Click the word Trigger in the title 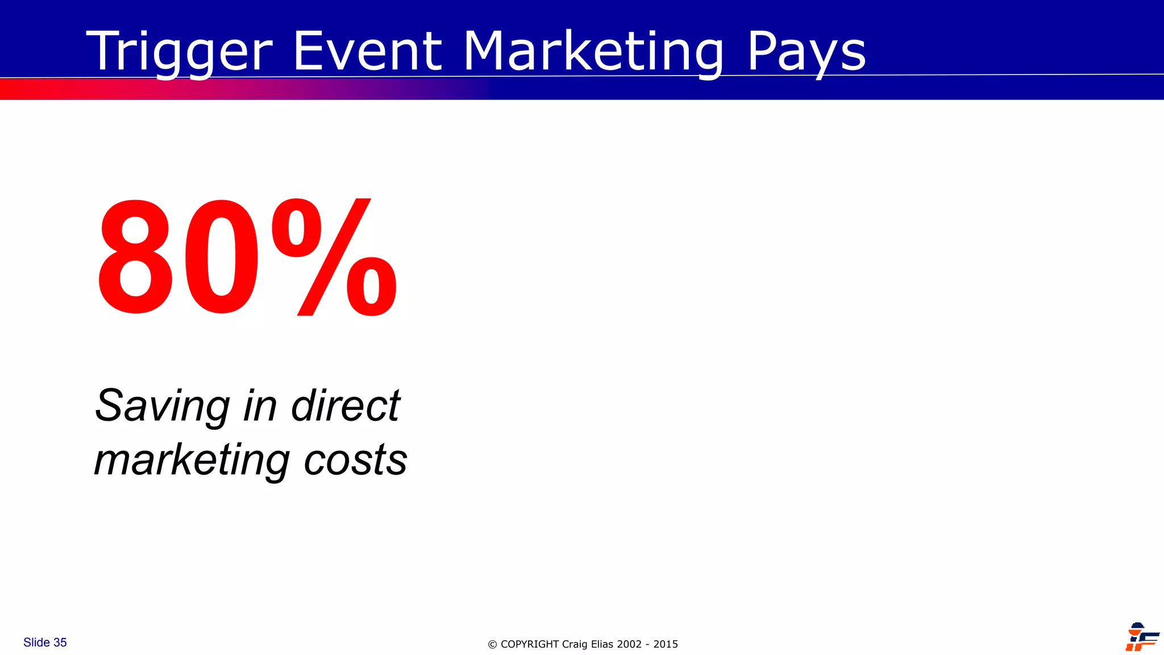[180, 52]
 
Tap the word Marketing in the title [593, 52]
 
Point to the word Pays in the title [806, 52]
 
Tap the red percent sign [334, 257]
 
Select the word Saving [162, 406]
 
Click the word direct [346, 406]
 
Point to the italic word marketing [192, 460]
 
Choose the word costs [355, 460]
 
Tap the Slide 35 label [45, 642]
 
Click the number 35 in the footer [60, 642]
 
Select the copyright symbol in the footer [492, 645]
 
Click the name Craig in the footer [575, 644]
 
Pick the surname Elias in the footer [602, 644]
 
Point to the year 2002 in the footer [629, 644]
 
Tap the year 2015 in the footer [666, 644]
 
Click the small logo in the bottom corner [1141, 637]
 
